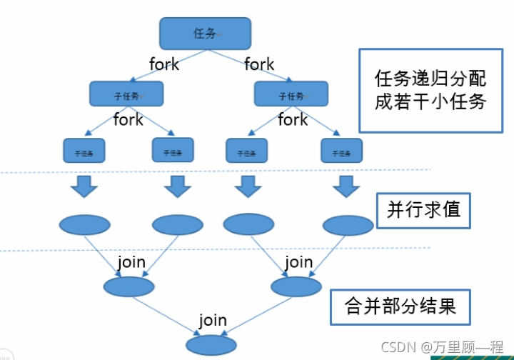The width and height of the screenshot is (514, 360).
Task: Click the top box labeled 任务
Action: tap(205, 33)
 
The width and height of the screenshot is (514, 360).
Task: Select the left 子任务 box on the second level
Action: tap(126, 94)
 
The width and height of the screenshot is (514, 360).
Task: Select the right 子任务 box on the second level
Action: tap(291, 94)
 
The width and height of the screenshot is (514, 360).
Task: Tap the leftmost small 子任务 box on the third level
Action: tap(84, 151)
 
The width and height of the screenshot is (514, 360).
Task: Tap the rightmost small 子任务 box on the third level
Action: tap(342, 151)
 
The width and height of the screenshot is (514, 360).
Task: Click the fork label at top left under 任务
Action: tap(164, 64)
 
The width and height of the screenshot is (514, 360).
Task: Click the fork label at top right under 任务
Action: tap(259, 64)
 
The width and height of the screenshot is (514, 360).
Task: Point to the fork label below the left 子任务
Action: tap(128, 120)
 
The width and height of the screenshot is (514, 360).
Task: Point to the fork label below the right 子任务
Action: tap(293, 120)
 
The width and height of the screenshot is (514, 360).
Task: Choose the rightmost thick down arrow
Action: tap(347, 187)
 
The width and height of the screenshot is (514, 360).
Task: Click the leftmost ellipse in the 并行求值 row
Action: tap(84, 225)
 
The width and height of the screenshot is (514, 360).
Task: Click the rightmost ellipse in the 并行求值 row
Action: tap(348, 225)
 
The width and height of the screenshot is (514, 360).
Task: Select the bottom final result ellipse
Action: tap(211, 345)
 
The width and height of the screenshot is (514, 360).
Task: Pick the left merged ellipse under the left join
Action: tap(128, 286)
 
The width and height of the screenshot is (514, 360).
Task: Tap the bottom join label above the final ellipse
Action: tap(213, 320)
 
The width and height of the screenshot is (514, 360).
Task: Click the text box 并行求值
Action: tap(424, 210)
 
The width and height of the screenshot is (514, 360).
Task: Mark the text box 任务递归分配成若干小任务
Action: tap(430, 90)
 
